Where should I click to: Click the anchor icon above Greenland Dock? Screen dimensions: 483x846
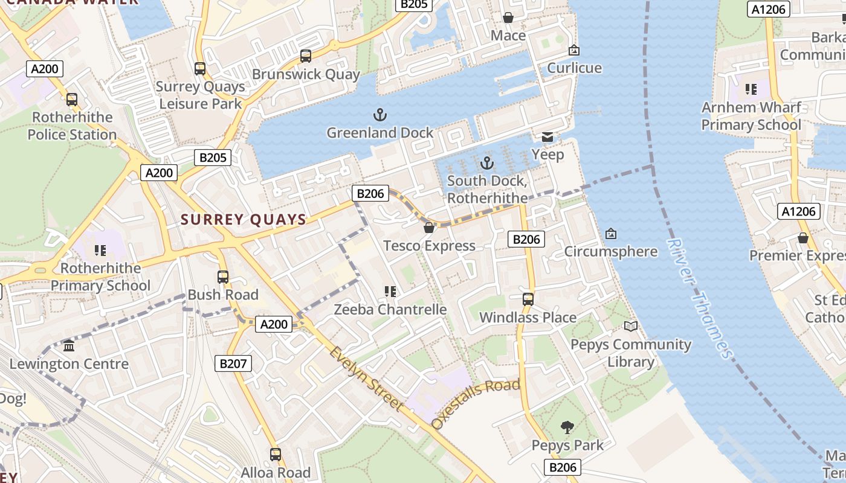[380, 114]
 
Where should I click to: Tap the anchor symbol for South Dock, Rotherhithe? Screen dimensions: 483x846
[486, 163]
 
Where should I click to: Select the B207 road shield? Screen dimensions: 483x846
[233, 363]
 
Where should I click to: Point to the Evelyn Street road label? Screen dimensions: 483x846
[366, 379]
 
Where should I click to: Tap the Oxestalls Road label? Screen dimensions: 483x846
[476, 403]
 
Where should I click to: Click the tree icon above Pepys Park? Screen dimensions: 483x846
[567, 427]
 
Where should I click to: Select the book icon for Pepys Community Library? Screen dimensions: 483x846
[631, 327]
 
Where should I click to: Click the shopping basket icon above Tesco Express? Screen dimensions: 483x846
[429, 228]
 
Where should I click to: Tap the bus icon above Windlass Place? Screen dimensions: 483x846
[528, 299]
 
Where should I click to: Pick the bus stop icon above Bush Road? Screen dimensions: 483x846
[223, 277]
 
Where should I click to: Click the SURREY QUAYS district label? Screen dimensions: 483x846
[244, 220]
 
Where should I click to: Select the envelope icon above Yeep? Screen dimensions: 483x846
[547, 137]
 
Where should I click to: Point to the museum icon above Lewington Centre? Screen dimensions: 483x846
[69, 346]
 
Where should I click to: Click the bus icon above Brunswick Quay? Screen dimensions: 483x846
[306, 56]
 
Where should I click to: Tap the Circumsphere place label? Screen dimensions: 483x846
[610, 251]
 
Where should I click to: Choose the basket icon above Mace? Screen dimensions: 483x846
[508, 18]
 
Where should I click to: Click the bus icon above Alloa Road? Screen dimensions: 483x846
[276, 454]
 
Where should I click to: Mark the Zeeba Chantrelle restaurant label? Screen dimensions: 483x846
[390, 310]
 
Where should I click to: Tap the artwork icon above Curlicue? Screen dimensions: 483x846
[574, 50]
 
